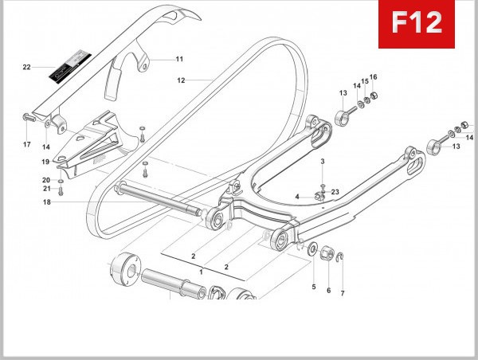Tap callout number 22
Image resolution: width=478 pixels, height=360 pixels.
26,67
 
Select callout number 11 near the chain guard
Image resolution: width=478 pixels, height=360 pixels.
179,59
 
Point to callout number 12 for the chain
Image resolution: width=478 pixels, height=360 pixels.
181,80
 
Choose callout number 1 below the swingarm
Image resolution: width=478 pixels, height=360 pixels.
202,272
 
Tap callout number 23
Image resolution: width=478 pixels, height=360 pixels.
335,192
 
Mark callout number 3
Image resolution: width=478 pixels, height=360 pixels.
323,162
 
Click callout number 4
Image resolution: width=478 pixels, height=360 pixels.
296,196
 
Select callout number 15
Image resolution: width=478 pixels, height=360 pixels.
365,81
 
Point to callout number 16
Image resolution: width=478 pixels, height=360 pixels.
374,76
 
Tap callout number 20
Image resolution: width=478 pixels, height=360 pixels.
46,180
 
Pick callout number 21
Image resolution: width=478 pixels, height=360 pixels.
46,189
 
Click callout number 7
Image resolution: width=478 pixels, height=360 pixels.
343,293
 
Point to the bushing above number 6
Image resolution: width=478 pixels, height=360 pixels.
327,254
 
